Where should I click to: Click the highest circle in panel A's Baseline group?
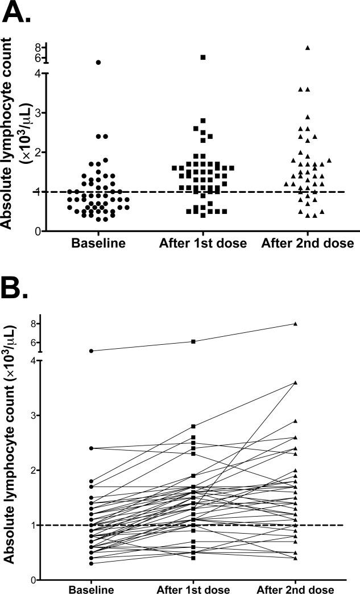[98, 63]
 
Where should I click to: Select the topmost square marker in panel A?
[202, 57]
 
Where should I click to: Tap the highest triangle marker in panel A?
[308, 48]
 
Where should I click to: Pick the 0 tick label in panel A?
[35, 231]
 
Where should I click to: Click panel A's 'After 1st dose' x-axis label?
[202, 244]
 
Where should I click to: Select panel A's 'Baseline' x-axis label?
[98, 244]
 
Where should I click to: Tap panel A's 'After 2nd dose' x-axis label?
[307, 244]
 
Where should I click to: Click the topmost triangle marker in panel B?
[295, 324]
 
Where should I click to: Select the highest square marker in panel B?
[194, 341]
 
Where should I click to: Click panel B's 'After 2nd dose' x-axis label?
[295, 588]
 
